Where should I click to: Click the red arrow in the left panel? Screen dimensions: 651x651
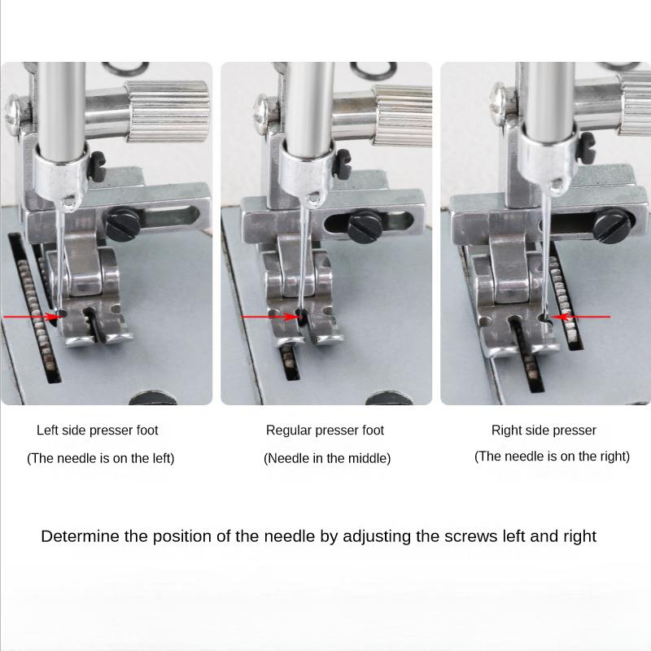(31, 317)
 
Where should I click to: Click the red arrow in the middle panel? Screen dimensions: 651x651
(269, 317)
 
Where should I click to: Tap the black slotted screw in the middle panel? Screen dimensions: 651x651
(365, 227)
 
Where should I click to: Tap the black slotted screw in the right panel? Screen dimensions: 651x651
(612, 225)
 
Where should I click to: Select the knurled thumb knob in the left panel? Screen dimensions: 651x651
(168, 111)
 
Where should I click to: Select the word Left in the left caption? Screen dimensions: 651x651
(46, 430)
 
